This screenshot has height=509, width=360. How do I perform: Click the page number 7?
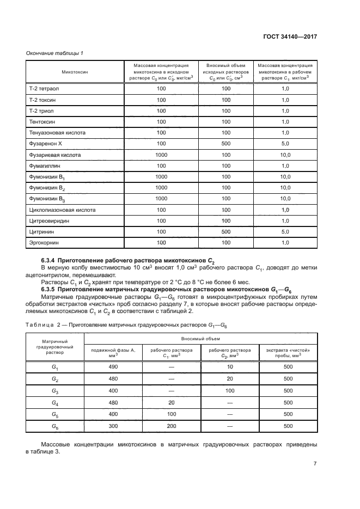(x=315, y=464)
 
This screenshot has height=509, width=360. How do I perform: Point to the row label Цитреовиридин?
(x=50, y=220)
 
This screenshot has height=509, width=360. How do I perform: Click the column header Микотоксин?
(x=75, y=71)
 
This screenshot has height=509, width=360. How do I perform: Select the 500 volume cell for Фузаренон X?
(x=222, y=144)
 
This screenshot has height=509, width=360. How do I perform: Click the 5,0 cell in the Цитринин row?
(x=285, y=231)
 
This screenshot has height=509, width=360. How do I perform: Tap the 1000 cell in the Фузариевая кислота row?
(x=161, y=155)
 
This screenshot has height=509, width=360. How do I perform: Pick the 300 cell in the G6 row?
(x=113, y=426)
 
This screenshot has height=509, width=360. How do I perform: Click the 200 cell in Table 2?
(x=171, y=426)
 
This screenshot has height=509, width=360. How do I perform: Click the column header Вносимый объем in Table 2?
(x=200, y=338)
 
